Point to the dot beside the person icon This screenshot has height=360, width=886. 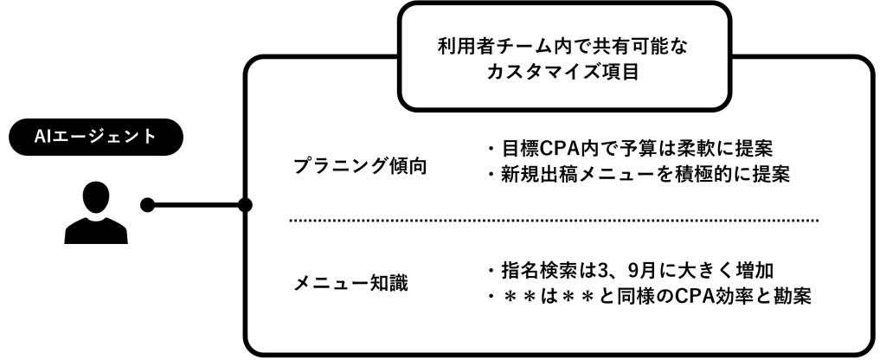tap(148, 206)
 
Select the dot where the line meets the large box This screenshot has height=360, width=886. tap(245, 206)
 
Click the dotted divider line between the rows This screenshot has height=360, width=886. tap(554, 221)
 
